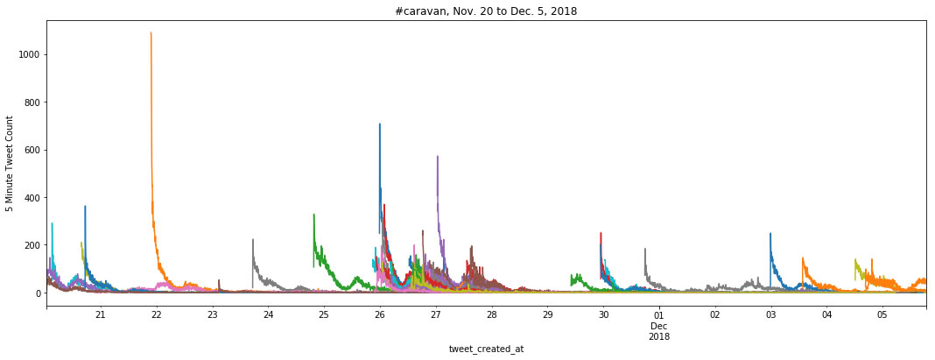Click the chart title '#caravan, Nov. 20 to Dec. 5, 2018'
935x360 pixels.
pos(486,11)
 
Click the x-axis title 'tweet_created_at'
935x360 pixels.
pos(486,349)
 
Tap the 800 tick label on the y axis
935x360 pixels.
pos(32,102)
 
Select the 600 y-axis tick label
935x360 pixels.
pos(32,150)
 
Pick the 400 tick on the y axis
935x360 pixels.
pos(32,198)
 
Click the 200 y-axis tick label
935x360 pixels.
pos(32,245)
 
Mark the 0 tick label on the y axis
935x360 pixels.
pos(38,293)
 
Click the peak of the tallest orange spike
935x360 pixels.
pos(151,33)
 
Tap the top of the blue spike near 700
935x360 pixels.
pos(379,124)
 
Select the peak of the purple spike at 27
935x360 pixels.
pos(437,157)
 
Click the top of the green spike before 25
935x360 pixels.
pos(313,215)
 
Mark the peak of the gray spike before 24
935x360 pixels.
pos(253,239)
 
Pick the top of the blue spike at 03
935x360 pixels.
pos(770,234)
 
